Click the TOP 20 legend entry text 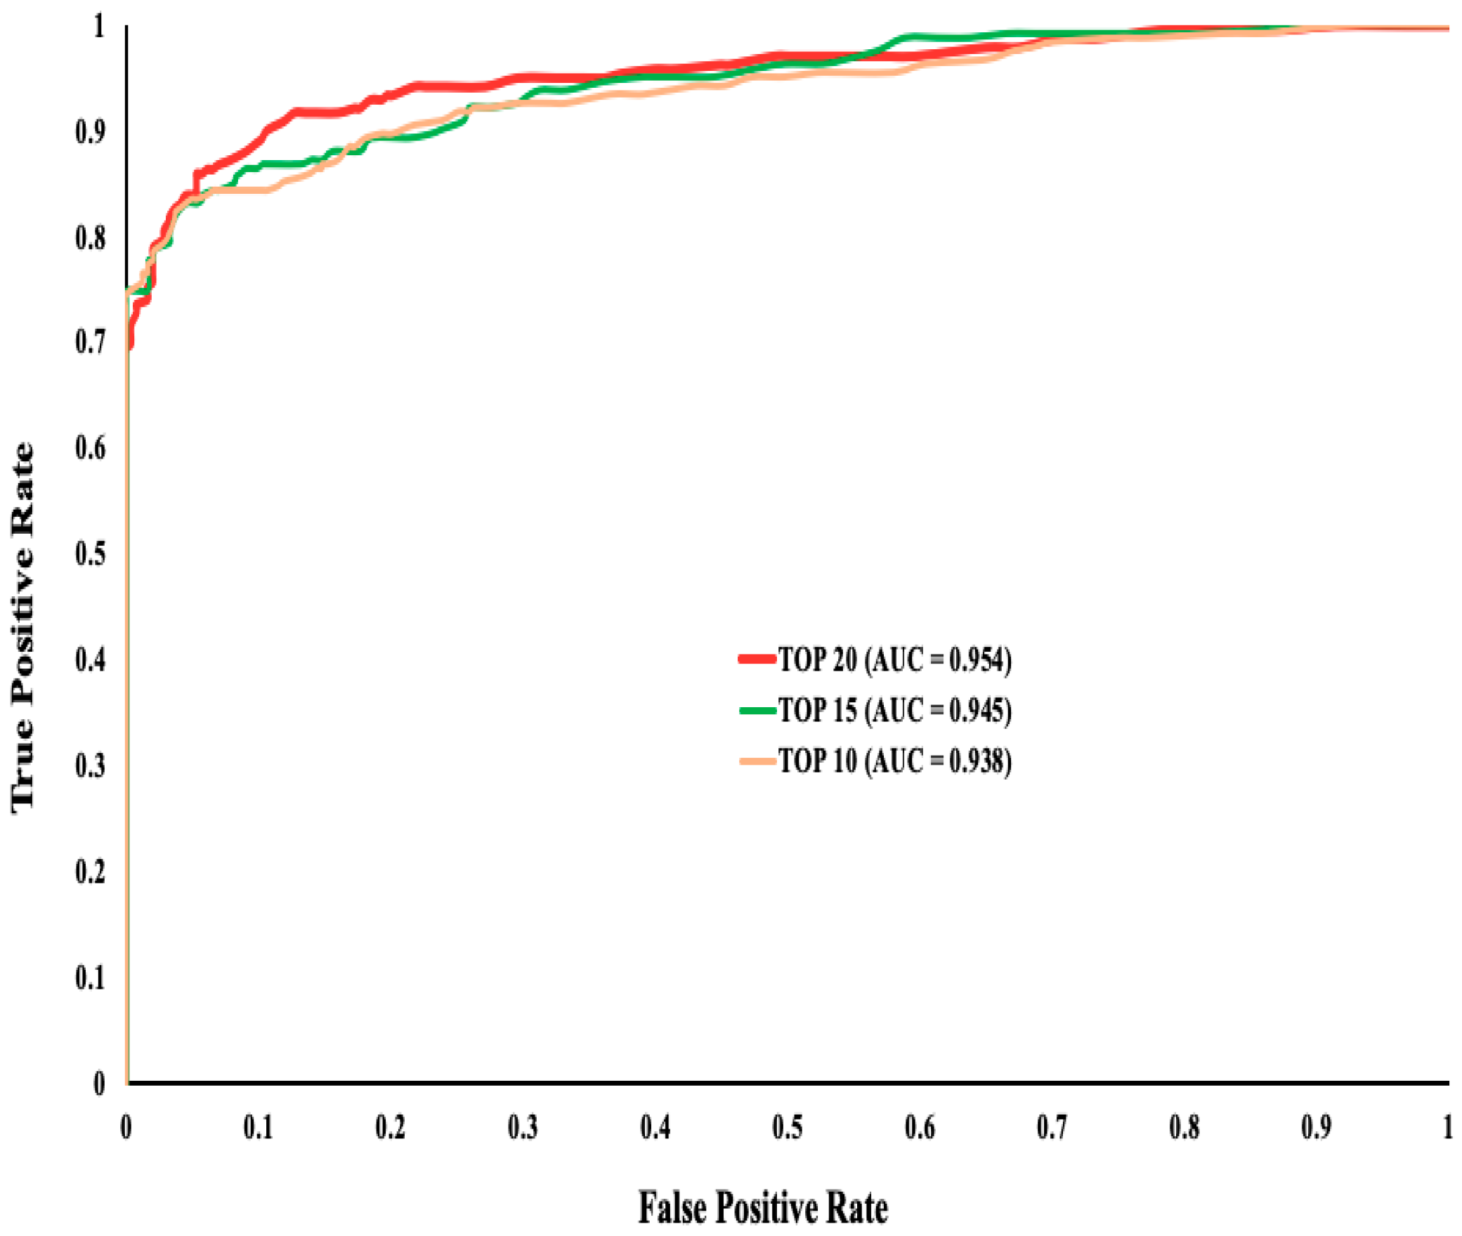(894, 659)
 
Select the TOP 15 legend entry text (894, 710)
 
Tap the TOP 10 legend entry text (894, 761)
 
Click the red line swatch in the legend (757, 659)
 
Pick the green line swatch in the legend (757, 710)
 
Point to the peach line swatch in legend (757, 761)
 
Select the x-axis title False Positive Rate (762, 1207)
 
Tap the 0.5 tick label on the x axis (787, 1127)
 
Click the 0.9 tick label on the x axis (1316, 1127)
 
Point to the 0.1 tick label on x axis (258, 1127)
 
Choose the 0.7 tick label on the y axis (90, 342)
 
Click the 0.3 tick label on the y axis (90, 765)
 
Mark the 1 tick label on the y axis (99, 27)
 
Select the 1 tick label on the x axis (1447, 1127)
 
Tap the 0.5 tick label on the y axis (90, 553)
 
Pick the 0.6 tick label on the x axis (919, 1127)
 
